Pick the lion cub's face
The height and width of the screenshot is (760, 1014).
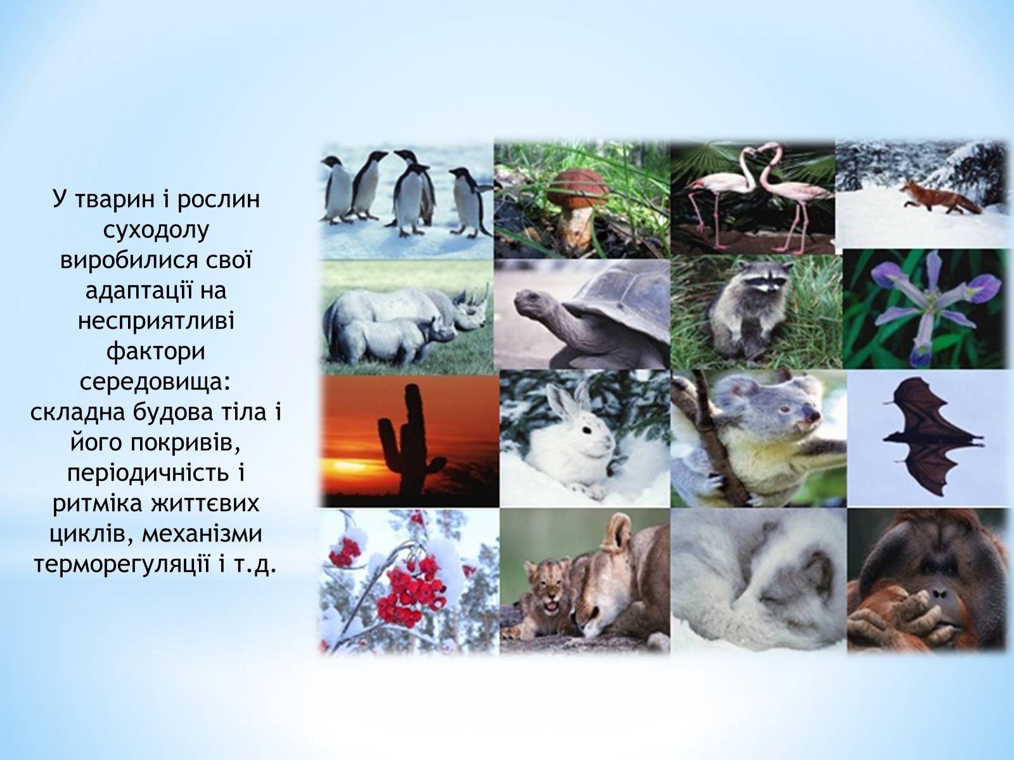coord(549,591)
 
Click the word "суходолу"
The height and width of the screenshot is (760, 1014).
coord(156,231)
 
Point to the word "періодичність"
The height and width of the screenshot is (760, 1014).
coord(148,474)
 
